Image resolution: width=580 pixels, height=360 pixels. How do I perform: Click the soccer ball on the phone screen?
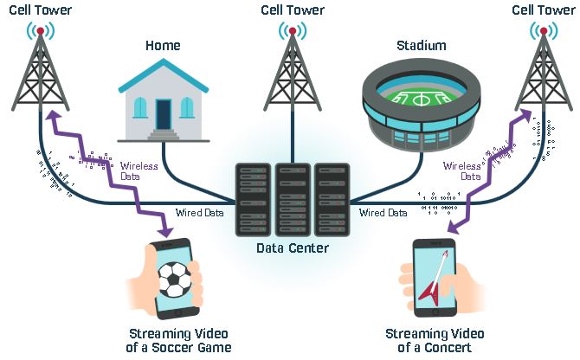click(x=174, y=280)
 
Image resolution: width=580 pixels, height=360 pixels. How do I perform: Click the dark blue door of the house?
click(x=164, y=114)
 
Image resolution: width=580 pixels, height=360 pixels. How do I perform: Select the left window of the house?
click(x=140, y=107)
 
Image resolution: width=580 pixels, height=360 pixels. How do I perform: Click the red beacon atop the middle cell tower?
click(x=293, y=31)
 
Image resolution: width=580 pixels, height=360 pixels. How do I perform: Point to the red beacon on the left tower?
click(x=41, y=31)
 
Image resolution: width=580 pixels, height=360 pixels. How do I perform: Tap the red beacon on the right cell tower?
click(x=544, y=31)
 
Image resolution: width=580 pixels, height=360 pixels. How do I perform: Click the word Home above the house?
click(x=163, y=46)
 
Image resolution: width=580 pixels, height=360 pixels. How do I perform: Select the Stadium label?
click(x=422, y=46)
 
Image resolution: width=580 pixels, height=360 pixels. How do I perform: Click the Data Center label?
click(x=293, y=248)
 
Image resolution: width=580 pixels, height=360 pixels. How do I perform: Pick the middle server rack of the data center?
click(x=293, y=200)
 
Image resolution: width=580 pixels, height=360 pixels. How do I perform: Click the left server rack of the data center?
click(x=253, y=200)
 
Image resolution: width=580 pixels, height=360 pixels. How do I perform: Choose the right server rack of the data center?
click(x=332, y=200)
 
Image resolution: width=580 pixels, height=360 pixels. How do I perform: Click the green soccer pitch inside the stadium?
click(x=421, y=97)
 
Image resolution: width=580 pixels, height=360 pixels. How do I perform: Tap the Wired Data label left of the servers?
click(x=199, y=213)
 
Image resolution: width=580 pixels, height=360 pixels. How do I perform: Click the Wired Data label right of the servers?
click(x=383, y=213)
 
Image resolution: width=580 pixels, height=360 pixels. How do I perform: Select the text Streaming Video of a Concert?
click(x=435, y=340)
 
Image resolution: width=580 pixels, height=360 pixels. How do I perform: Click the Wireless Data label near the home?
click(x=139, y=171)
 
